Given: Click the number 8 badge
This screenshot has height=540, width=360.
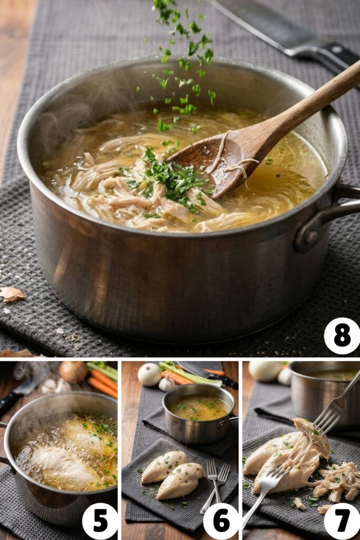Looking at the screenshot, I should coord(342,336).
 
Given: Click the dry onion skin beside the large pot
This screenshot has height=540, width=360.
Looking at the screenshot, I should coord(12,294).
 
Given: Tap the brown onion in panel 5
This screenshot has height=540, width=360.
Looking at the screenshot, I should coord(73,371).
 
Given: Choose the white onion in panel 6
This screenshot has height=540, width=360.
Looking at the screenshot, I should coord(149,374).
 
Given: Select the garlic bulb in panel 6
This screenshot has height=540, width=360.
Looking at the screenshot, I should coord(167,383).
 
